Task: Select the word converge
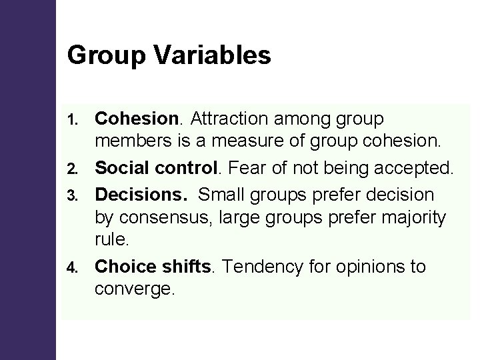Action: pos(133,288)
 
